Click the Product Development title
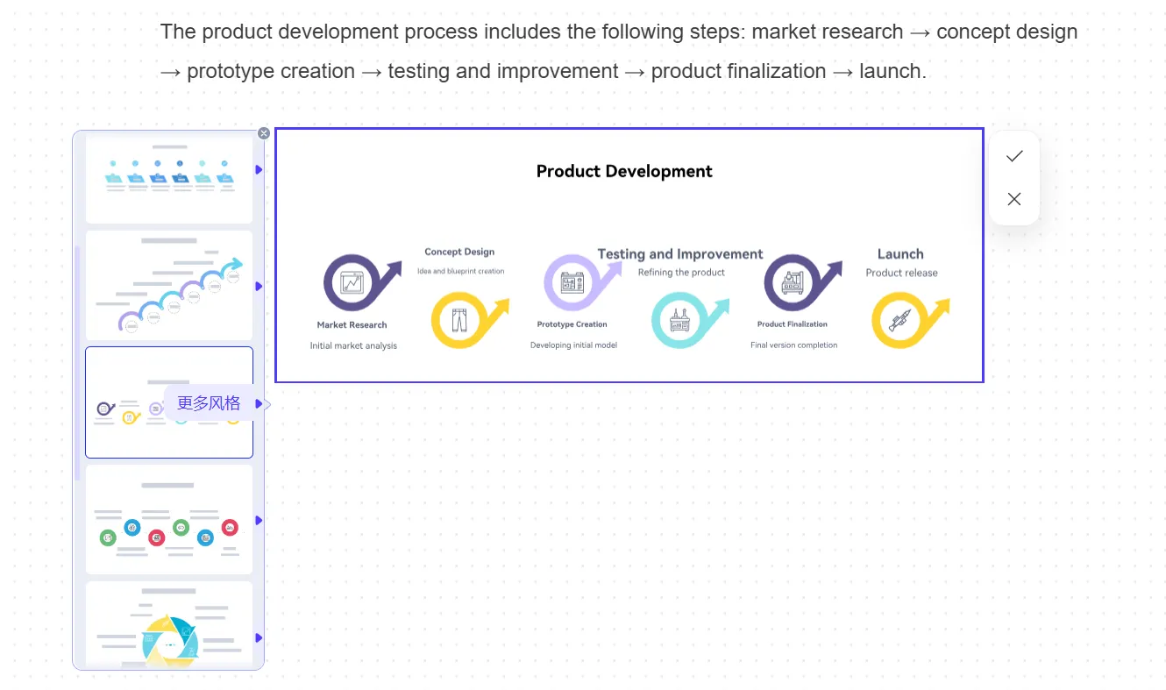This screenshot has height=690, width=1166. click(x=623, y=171)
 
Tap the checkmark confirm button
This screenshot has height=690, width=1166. click(x=1014, y=156)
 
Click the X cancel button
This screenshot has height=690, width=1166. click(x=1014, y=199)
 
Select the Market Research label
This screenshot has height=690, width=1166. click(x=352, y=325)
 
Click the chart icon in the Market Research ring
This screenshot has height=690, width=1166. click(x=352, y=283)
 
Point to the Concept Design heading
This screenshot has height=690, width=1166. click(x=459, y=252)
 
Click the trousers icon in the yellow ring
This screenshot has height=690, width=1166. click(x=459, y=320)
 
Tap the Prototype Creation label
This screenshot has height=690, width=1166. click(x=572, y=324)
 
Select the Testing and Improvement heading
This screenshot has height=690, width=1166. click(x=679, y=254)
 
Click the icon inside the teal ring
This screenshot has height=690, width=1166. click(x=679, y=320)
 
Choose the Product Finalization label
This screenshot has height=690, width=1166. click(x=792, y=324)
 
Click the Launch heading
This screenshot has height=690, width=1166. click(x=900, y=254)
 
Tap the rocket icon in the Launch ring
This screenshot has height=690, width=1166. click(x=899, y=320)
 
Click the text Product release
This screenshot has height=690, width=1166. click(x=901, y=273)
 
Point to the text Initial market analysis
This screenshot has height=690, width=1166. click(x=353, y=345)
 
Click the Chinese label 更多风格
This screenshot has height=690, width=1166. click(x=209, y=403)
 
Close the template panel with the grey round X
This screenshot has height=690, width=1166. click(x=264, y=133)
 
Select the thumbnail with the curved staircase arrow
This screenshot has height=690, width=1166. click(x=169, y=285)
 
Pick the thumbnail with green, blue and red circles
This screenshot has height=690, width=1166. click(x=169, y=520)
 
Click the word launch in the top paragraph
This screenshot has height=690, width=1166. click(x=891, y=71)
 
